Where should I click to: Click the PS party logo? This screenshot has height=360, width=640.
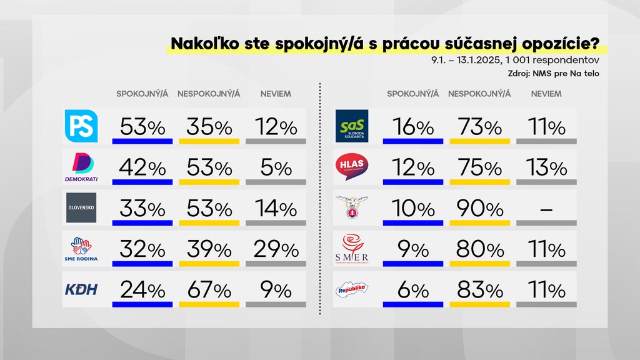[81, 126]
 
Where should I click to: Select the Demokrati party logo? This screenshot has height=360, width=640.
[82, 167]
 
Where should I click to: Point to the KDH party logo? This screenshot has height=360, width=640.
[82, 289]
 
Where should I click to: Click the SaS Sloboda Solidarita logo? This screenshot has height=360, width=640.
[352, 126]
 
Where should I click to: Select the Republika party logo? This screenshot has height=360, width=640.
[352, 289]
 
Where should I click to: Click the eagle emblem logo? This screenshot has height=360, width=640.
[352, 207]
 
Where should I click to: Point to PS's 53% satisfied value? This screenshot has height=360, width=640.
[143, 127]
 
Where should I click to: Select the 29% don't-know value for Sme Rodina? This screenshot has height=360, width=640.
[276, 250]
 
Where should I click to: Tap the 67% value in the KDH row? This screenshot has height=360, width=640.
[209, 291]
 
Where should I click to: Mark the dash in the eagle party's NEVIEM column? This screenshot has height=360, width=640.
[546, 210]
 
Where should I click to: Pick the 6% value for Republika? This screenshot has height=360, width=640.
[413, 291]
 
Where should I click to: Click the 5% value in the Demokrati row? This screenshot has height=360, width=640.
[276, 168]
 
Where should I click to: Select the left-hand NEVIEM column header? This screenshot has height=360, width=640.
[276, 94]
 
